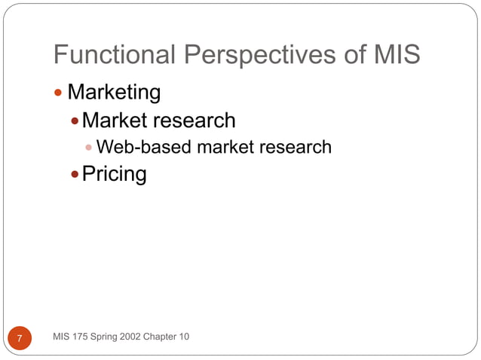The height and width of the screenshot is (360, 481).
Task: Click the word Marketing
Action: point(114,93)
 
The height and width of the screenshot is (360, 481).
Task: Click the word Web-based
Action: point(144,147)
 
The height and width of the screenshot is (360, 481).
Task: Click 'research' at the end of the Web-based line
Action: point(296,147)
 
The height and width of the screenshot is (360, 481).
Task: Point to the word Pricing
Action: point(114,174)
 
